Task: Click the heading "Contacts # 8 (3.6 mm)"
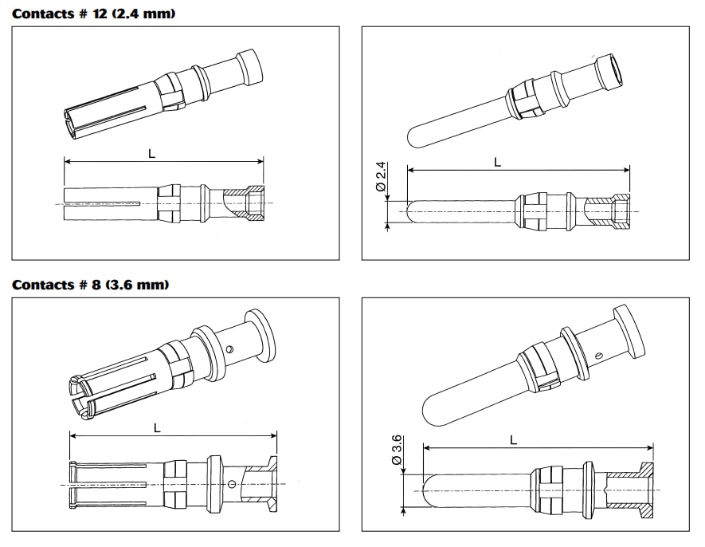(90, 285)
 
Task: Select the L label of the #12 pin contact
(497, 162)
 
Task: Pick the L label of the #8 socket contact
(157, 428)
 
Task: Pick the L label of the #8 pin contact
(513, 440)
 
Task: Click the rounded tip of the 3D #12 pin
(414, 138)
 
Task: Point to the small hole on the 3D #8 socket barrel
(230, 348)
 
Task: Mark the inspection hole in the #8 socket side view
(232, 484)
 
